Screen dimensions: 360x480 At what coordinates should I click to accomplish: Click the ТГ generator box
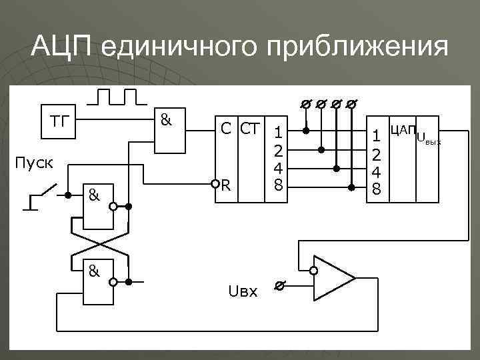[x=59, y=121]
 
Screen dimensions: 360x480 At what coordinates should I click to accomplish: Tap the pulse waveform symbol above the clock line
[x=116, y=97]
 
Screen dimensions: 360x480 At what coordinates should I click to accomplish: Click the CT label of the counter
[x=249, y=129]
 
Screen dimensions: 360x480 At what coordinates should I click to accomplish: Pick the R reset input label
[x=226, y=183]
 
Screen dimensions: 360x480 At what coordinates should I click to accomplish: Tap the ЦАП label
[x=402, y=129]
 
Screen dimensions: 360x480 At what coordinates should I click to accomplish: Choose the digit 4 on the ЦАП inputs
[x=376, y=171]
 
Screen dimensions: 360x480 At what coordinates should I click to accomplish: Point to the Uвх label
[x=242, y=291]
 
